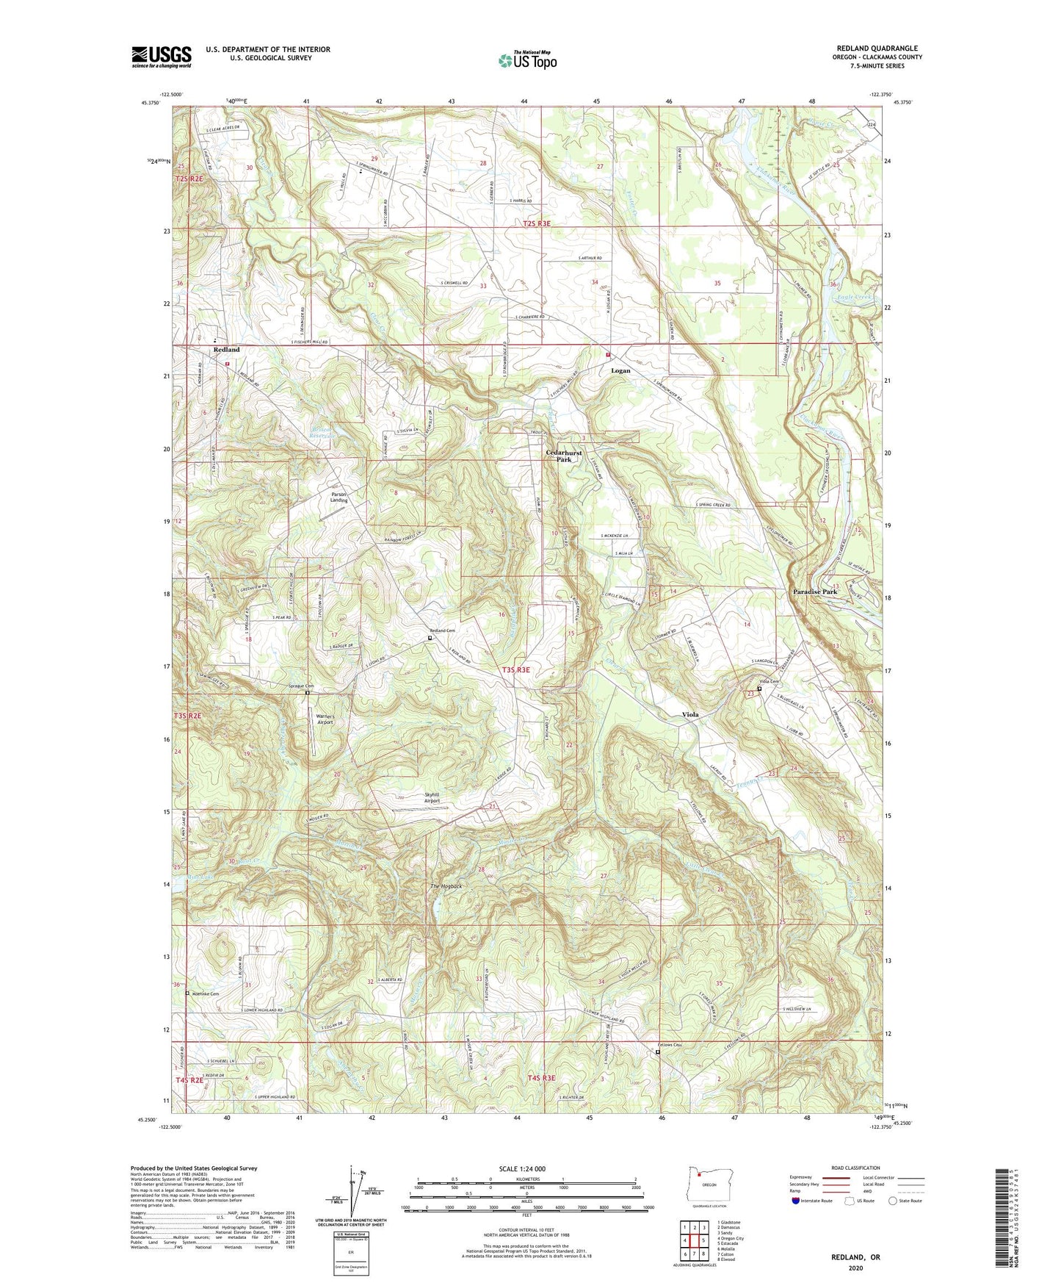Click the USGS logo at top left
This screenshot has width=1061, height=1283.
click(x=162, y=57)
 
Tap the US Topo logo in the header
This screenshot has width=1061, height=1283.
click(x=527, y=60)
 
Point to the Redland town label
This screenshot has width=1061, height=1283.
click(x=226, y=351)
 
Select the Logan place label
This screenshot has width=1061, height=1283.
click(x=620, y=371)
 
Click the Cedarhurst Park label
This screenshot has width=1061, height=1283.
click(x=563, y=456)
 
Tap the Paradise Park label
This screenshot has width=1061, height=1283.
click(x=815, y=592)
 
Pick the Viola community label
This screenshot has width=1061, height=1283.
click(x=690, y=714)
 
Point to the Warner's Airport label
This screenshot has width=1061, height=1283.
click(x=319, y=719)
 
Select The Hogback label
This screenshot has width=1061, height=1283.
click(x=446, y=886)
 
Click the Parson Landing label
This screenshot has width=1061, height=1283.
click(x=338, y=497)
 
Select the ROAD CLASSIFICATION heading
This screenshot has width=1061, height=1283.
click(x=855, y=1168)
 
